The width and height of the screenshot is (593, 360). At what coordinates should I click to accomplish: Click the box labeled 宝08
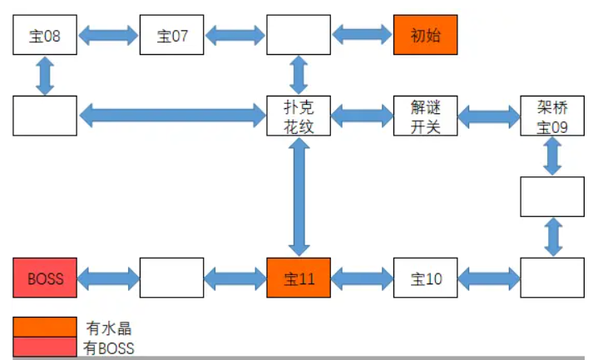click(x=45, y=35)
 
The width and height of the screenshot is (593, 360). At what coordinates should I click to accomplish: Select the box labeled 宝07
click(x=171, y=35)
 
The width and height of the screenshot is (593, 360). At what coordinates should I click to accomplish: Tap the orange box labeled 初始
click(x=425, y=35)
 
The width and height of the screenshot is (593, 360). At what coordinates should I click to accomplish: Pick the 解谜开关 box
click(x=425, y=116)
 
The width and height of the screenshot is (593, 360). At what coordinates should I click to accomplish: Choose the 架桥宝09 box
click(x=551, y=116)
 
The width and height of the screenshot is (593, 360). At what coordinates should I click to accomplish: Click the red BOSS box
click(x=45, y=278)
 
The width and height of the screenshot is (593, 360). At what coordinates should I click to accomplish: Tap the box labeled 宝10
click(x=425, y=278)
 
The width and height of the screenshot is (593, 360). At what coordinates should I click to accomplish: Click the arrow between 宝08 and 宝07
click(x=108, y=35)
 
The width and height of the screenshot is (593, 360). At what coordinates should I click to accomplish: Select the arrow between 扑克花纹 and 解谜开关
click(x=362, y=116)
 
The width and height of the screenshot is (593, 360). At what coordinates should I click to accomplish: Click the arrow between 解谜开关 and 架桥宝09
click(x=488, y=116)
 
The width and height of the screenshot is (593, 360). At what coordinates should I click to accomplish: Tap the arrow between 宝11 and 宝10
click(x=362, y=278)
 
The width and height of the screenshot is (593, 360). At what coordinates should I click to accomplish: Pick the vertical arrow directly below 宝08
click(x=45, y=76)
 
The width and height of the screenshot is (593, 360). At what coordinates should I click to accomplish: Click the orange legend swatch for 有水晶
click(x=45, y=327)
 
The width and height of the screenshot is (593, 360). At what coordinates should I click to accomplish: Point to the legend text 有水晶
click(x=108, y=328)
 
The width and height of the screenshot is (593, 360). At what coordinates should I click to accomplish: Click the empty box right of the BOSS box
click(x=171, y=278)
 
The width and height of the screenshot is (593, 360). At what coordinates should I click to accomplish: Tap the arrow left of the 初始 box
click(x=362, y=35)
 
